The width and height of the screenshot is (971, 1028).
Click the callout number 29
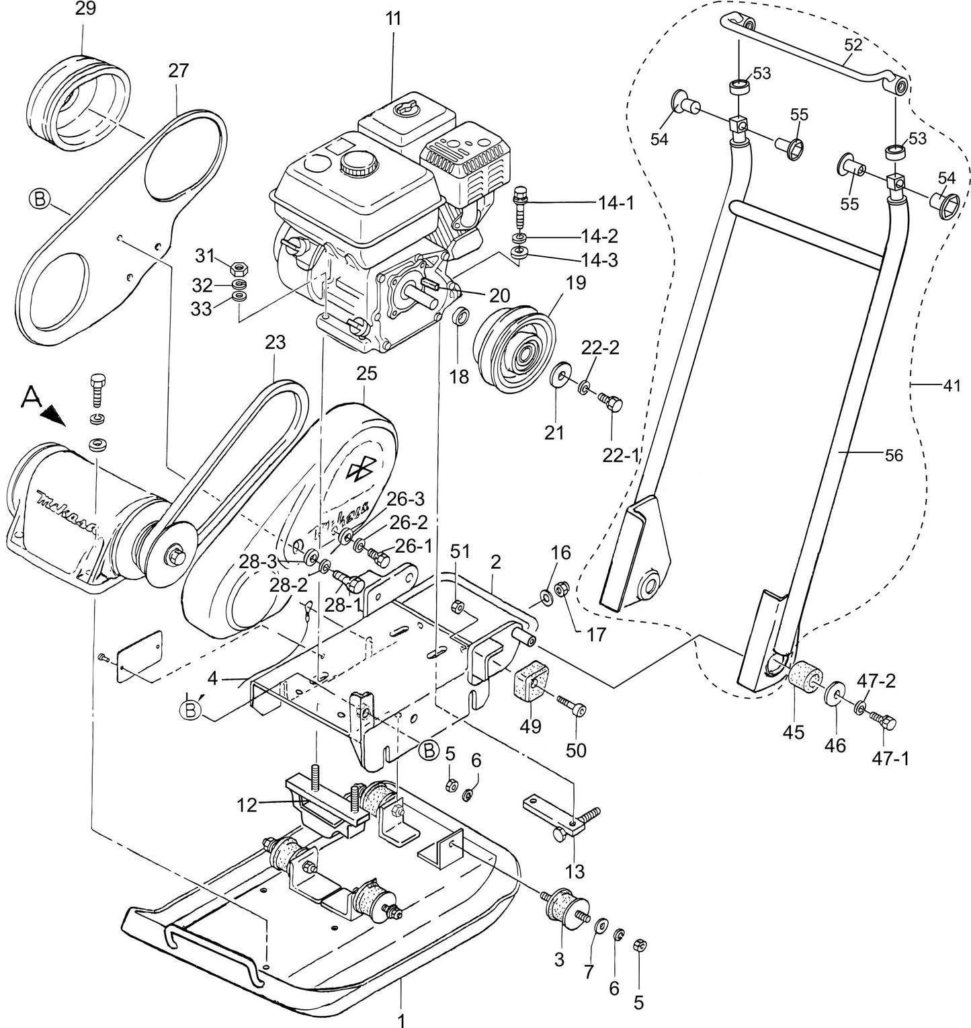tap(85, 9)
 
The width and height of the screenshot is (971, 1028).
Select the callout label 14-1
tap(616, 202)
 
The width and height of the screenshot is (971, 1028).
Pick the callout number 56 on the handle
tap(894, 455)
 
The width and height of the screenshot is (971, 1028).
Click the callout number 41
tap(952, 387)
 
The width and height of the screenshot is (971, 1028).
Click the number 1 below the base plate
tap(401, 1021)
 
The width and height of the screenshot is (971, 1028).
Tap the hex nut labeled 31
tap(237, 268)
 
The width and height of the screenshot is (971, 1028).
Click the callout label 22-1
tap(620, 455)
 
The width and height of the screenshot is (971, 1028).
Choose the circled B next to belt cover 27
tap(40, 199)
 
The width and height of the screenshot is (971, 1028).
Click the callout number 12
tap(247, 804)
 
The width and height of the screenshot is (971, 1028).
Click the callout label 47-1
tap(891, 758)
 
